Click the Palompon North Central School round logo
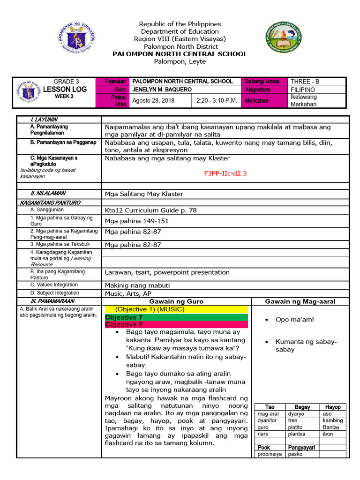point(284,38)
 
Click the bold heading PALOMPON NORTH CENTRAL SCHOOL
point(180,54)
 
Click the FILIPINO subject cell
point(303,89)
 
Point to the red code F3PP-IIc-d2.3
point(225,173)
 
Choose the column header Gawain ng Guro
point(176,301)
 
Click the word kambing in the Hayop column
point(333,420)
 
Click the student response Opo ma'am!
point(295,320)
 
